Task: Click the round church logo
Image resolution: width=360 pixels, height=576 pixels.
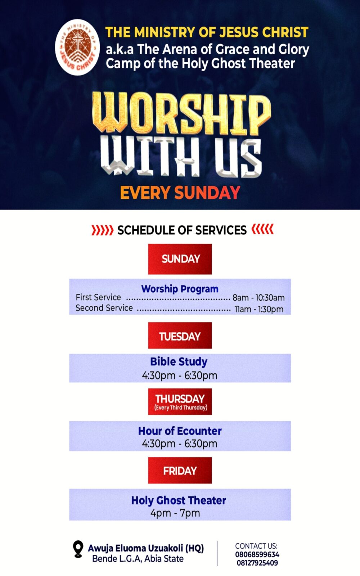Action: click(77, 47)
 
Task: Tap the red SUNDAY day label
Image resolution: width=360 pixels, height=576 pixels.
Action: click(180, 259)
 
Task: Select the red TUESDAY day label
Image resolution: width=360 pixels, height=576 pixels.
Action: click(180, 336)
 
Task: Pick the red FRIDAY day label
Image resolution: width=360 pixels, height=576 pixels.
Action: click(180, 470)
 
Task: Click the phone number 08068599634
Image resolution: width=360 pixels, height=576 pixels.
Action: click(257, 554)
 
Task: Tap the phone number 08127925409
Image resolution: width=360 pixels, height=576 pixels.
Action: click(257, 563)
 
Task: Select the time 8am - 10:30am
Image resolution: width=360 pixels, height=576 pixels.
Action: click(258, 298)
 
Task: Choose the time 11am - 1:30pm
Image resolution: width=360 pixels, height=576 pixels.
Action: click(259, 309)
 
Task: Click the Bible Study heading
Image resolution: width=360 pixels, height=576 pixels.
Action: click(179, 361)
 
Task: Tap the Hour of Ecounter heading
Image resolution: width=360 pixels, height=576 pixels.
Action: click(180, 431)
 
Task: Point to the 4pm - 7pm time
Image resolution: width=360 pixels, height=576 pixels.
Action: click(175, 513)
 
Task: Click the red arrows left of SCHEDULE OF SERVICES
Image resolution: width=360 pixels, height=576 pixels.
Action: click(102, 230)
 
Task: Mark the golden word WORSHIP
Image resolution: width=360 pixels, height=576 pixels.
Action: click(181, 113)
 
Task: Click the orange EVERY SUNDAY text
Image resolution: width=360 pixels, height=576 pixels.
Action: click(180, 193)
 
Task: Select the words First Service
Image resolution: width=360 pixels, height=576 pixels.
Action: click(98, 297)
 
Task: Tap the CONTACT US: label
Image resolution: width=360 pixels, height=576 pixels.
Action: click(256, 546)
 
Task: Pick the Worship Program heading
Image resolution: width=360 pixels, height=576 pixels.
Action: click(180, 289)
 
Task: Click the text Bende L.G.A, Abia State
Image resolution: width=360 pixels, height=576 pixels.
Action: click(138, 559)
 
